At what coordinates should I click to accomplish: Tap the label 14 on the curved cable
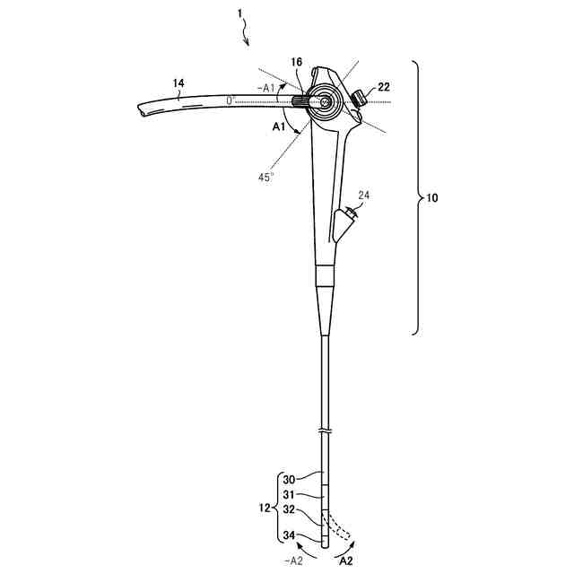click(x=178, y=83)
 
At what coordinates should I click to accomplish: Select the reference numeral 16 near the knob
click(x=296, y=62)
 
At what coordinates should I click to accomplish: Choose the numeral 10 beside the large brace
click(x=432, y=197)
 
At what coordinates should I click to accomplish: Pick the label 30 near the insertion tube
click(x=289, y=478)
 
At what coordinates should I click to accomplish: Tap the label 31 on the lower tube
click(x=289, y=493)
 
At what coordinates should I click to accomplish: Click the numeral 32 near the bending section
click(x=289, y=509)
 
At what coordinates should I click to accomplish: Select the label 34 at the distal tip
click(x=289, y=536)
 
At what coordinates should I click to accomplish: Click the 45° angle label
click(x=265, y=177)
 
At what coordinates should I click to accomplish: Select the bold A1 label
click(x=280, y=128)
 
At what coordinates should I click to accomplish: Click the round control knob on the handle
click(x=323, y=102)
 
